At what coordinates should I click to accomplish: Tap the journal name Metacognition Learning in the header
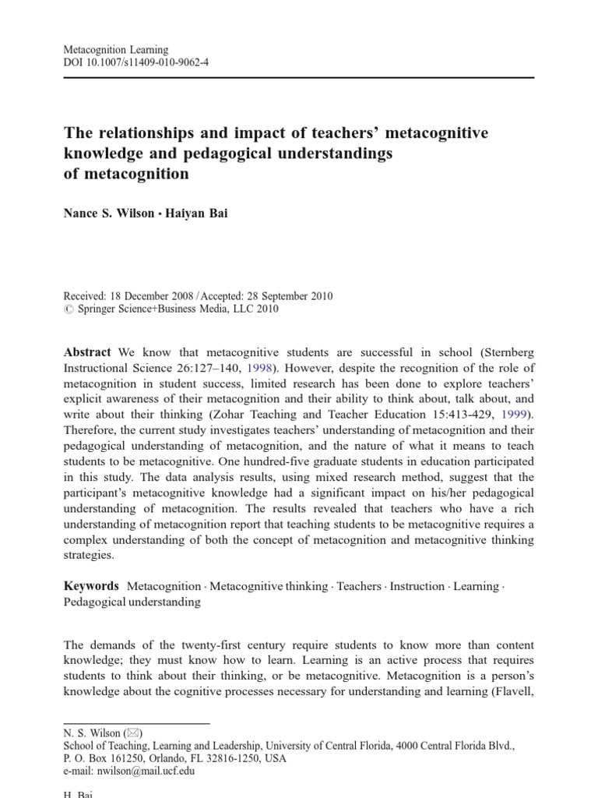115,49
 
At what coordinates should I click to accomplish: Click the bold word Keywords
91,585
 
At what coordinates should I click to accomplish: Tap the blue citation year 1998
259,368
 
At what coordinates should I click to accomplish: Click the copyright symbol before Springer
67,309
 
